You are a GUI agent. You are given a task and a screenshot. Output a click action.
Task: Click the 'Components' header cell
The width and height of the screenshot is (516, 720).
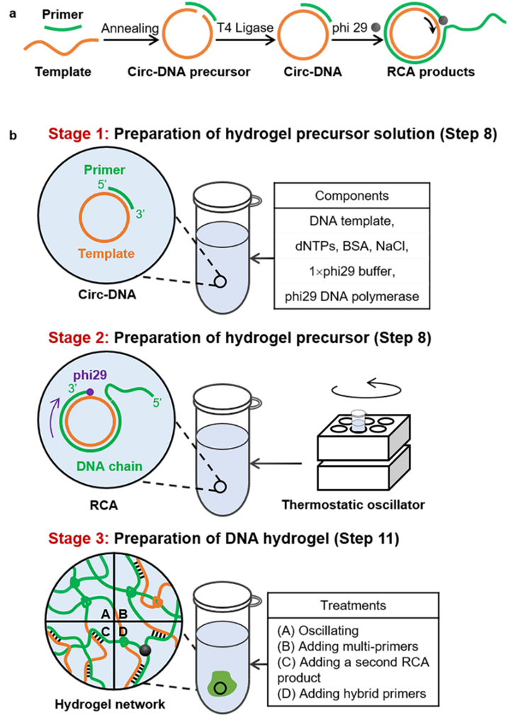click(x=351, y=196)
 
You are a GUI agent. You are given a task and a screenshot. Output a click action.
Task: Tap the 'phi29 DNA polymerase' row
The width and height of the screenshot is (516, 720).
click(x=352, y=296)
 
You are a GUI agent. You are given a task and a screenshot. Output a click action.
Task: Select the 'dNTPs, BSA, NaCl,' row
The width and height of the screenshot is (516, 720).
click(x=352, y=247)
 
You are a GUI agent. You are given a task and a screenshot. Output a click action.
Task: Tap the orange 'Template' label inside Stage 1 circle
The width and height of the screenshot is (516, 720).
click(x=106, y=253)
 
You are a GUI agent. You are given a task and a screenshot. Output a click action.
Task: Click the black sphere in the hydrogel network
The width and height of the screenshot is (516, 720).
click(x=145, y=650)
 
